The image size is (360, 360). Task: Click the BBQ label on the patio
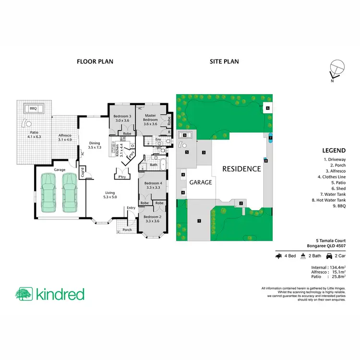point(33,109)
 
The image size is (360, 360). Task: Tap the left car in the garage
point(48,192)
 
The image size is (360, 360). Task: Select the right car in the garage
point(70,192)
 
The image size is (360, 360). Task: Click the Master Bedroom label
point(150,119)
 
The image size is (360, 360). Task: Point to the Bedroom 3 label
point(122,119)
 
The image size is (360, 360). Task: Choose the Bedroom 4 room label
point(152,185)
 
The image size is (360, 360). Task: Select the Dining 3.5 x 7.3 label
point(95,145)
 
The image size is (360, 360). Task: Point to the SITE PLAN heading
point(224,62)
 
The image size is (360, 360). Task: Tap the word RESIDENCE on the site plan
point(241,169)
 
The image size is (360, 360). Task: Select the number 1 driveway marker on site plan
point(198,220)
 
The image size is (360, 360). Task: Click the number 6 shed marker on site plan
point(267,108)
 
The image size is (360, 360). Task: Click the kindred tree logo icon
point(24,293)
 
